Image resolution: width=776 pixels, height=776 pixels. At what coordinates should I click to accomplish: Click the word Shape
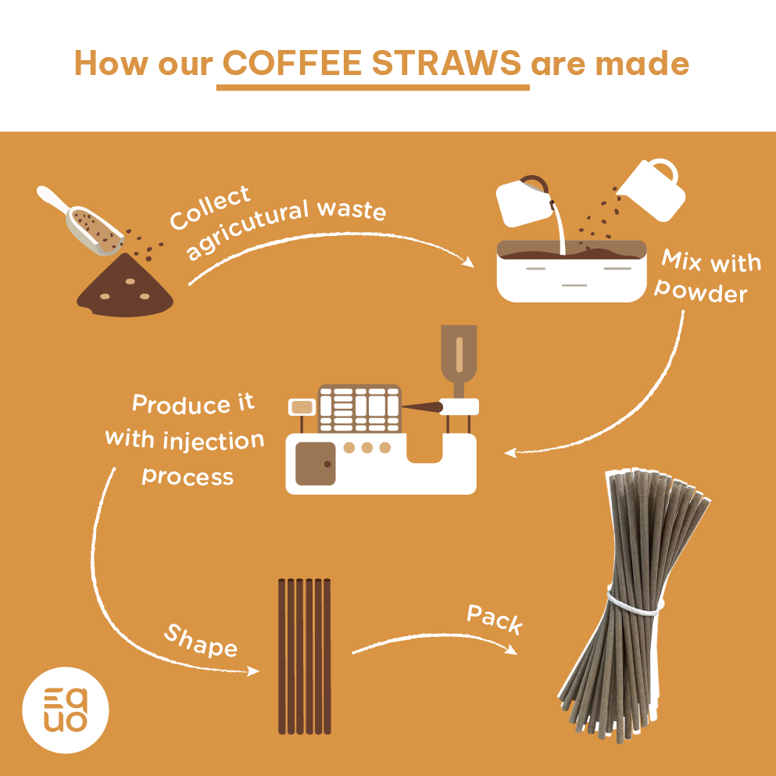click(200, 640)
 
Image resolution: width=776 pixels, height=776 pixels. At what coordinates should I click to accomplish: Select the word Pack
click(495, 619)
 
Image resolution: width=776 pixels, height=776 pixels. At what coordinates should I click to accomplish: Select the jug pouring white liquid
click(523, 199)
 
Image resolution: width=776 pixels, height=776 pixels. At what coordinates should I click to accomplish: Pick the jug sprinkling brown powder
click(653, 188)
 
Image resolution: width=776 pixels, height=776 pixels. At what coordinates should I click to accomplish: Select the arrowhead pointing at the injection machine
click(509, 452)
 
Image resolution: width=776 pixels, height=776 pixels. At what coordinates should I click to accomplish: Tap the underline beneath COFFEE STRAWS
click(373, 86)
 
